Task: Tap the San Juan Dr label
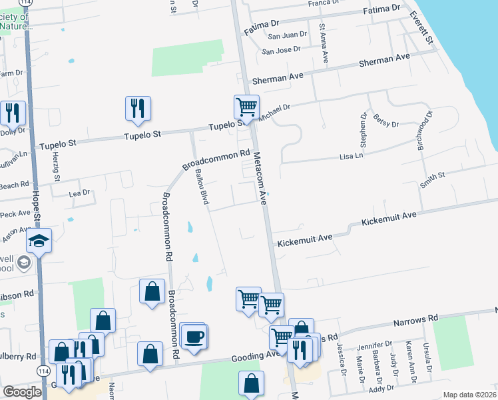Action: point(287,35)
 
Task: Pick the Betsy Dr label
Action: point(386,121)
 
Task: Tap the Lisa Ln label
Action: point(352,156)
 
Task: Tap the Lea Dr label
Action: point(79,193)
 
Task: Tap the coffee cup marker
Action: point(194,337)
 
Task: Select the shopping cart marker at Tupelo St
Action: point(246,107)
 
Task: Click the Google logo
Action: point(22,392)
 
